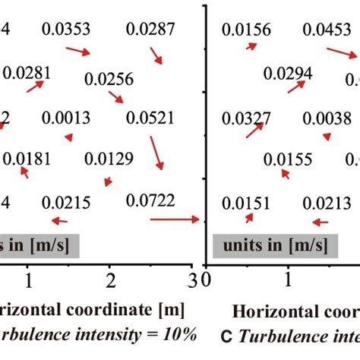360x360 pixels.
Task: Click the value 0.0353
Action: click(66, 30)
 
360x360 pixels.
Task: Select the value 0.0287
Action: click(150, 30)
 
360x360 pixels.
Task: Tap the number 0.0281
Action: click(28, 73)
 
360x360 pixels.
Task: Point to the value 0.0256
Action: click(109, 79)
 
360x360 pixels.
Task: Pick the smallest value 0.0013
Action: click(66, 118)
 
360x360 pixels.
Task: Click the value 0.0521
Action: click(150, 118)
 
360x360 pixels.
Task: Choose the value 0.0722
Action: click(150, 201)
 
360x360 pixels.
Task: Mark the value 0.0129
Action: click(109, 159)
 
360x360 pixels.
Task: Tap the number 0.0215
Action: click(66, 202)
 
